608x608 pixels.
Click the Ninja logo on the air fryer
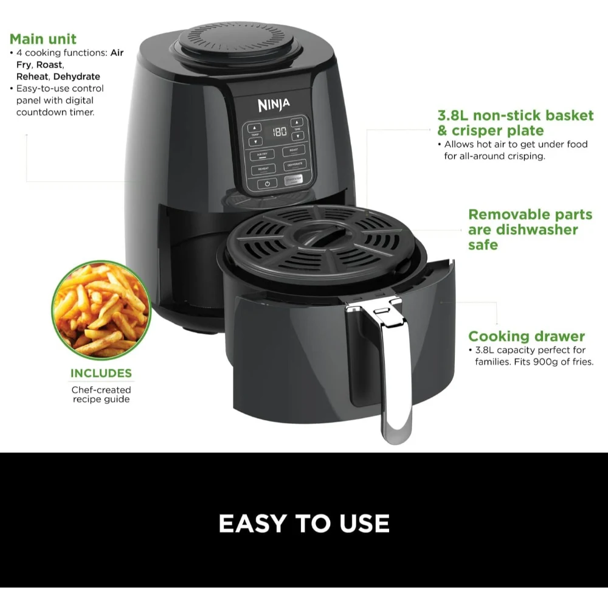pos(274,105)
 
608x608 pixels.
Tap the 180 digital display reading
pos(280,132)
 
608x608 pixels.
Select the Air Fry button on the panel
pos(262,154)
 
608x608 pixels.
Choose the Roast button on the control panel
pos(294,151)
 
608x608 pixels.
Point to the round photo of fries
pos(101,309)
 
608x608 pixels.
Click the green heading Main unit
pos(43,39)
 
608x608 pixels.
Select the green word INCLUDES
pos(101,373)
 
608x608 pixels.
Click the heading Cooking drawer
pos(527,336)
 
